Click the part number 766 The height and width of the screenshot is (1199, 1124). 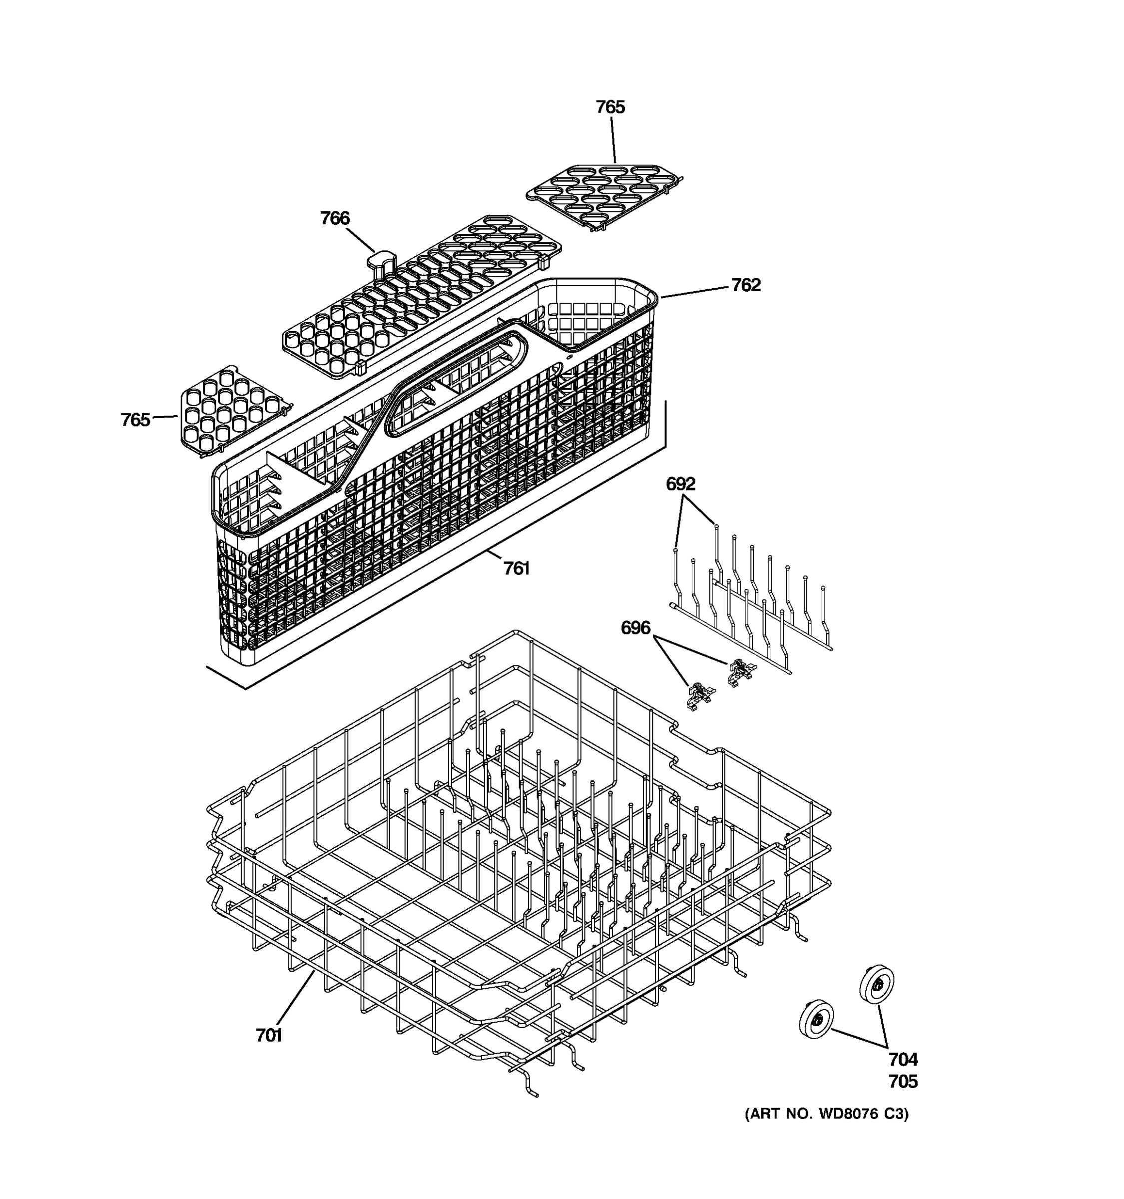[x=335, y=218]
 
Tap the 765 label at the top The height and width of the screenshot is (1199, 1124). [x=610, y=107]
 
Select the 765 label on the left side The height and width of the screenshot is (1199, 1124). [x=135, y=420]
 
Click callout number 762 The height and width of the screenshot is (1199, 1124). [x=746, y=285]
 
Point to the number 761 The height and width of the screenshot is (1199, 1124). [x=516, y=568]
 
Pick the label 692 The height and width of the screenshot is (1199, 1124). [x=680, y=484]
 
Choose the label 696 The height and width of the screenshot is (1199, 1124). [x=635, y=628]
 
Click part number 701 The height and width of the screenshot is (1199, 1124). [x=269, y=1035]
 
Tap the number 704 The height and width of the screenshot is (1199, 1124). [x=903, y=1059]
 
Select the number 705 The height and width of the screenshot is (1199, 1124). [x=903, y=1082]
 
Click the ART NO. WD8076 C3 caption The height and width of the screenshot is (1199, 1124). [x=826, y=1114]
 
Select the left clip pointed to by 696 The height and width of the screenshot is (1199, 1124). [x=699, y=695]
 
